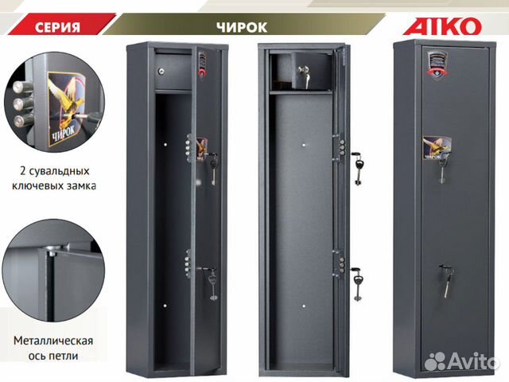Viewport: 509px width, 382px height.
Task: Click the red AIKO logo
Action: [442, 26]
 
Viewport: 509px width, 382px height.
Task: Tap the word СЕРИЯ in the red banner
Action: [57, 27]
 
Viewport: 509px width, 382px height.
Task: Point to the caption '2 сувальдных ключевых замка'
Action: [54, 178]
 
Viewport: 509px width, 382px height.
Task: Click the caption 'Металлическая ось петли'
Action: [53, 348]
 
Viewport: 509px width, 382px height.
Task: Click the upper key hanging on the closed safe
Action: [442, 169]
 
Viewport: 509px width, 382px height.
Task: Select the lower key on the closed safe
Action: [447, 281]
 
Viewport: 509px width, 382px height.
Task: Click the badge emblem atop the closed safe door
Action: [437, 64]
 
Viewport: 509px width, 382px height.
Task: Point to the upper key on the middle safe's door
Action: [358, 168]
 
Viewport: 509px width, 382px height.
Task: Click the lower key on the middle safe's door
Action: [358, 283]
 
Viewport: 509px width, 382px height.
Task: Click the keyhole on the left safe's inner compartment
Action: [161, 71]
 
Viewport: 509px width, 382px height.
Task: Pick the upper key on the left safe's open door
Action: [213, 168]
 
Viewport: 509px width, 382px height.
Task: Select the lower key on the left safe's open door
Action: [213, 283]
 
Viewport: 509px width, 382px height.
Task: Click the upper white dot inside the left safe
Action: [165, 145]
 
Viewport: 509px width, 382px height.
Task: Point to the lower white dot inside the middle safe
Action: [304, 306]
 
